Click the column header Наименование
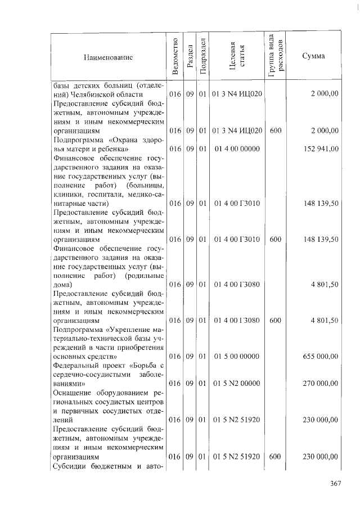107,57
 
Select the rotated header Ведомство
175,56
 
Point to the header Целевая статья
236,56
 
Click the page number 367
336,483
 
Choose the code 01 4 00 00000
237,148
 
